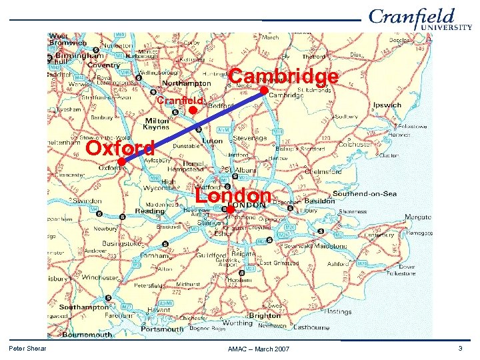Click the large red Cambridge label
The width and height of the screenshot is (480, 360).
(x=283, y=77)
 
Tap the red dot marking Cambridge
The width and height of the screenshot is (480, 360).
(x=264, y=90)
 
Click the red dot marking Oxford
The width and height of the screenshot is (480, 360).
(x=121, y=162)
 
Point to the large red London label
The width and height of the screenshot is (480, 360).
(x=233, y=195)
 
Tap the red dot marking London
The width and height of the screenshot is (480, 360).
(x=229, y=209)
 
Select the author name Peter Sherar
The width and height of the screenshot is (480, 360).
(x=27, y=349)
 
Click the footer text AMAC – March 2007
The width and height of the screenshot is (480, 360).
(x=259, y=349)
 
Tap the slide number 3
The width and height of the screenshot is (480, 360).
(x=460, y=349)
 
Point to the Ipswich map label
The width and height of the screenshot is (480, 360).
(x=387, y=105)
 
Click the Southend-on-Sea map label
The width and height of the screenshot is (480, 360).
(x=365, y=194)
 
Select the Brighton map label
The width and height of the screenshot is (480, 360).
(x=265, y=315)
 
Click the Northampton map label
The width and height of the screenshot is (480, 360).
(x=187, y=84)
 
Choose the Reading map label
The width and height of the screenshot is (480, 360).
(x=150, y=211)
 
